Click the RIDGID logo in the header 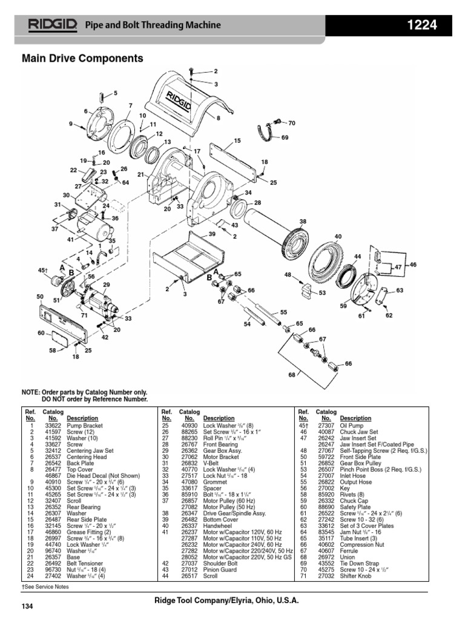pos(51,25)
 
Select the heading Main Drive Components pos(82,59)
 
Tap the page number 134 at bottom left pos(27,606)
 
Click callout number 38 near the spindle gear pos(303,221)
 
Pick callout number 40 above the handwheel pos(338,236)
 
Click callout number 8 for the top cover pos(218,119)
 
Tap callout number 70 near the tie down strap pos(291,123)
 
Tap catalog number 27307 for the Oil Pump pos(326,425)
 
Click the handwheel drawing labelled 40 pos(326,260)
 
